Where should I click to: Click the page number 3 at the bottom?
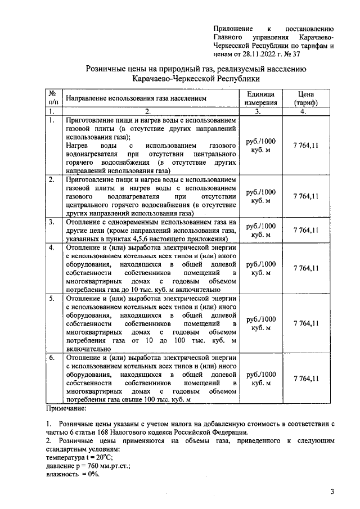pos(332,492)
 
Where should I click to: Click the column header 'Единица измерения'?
pos(260,98)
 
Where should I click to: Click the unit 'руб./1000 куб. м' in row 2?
pos(260,196)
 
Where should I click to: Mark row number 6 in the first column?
pos(52,357)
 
